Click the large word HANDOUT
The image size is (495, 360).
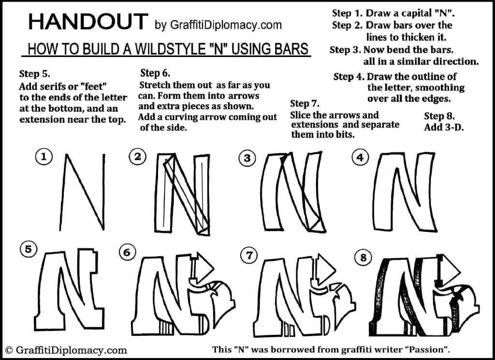[x=87, y=22]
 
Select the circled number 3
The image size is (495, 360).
[x=247, y=159]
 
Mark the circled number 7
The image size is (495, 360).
[x=249, y=256]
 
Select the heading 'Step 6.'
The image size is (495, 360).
[x=155, y=73]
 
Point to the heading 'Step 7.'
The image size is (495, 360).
[x=305, y=103]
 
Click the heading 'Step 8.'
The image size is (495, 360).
[x=439, y=116]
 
